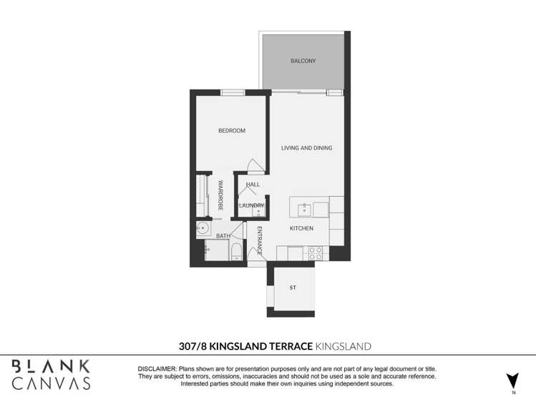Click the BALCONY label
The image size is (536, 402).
[303, 61]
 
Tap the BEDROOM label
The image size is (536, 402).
[232, 131]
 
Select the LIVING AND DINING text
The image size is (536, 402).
[306, 148]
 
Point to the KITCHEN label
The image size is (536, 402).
[301, 228]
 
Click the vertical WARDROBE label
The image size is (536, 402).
[220, 194]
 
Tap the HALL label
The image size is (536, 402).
[252, 185]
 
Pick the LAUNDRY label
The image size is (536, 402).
[252, 205]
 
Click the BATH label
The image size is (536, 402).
[223, 235]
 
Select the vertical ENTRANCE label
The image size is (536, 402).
[260, 240]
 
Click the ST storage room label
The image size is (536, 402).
[293, 288]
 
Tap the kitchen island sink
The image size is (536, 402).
[304, 209]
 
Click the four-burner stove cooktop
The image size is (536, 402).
[315, 253]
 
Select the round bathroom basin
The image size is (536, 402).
[203, 229]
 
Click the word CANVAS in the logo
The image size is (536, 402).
[51, 383]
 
